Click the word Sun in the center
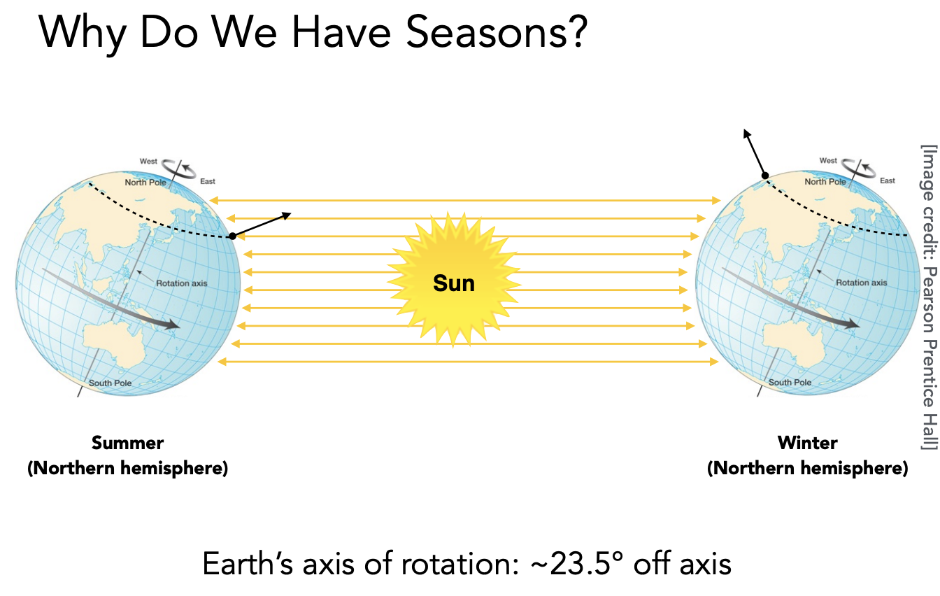pos(454,283)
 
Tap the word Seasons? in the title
pos(497,33)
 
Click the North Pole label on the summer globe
pos(145,182)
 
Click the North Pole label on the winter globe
pos(825,181)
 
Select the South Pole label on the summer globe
pos(110,383)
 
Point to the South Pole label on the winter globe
pos(790,382)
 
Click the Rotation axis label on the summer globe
pos(182,283)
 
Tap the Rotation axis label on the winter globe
pos(862,283)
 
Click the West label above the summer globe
pos(148,161)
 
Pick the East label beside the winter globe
pos(888,180)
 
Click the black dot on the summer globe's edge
pos(232,236)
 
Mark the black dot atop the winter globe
pos(765,176)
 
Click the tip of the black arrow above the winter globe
pos(744,129)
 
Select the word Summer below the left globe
pos(127,443)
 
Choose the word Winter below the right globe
pos(807,443)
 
